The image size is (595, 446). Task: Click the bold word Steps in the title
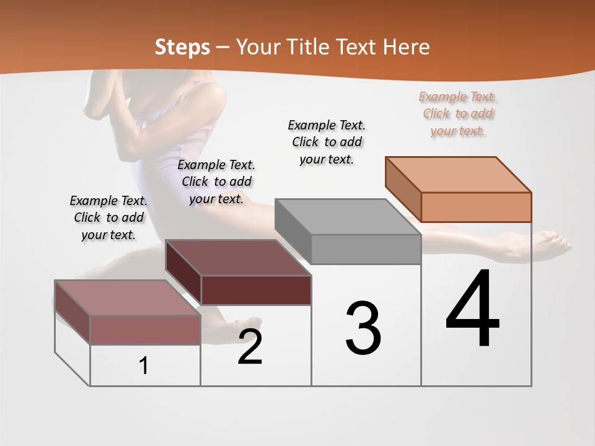coord(182,48)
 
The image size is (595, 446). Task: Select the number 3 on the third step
coord(363,328)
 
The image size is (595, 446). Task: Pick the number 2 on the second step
coord(250,347)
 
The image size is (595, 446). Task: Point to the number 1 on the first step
coord(144,366)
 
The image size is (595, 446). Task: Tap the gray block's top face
coord(347,217)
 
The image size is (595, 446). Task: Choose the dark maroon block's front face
coord(256,290)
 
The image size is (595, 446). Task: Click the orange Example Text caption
coord(458,113)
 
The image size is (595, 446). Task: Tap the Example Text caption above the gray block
coord(327,142)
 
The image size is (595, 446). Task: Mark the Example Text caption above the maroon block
coord(216,181)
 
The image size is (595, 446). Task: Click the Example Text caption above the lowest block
coord(108,217)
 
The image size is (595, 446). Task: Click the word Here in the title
coord(407,47)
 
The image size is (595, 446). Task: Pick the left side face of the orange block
coord(403,189)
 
